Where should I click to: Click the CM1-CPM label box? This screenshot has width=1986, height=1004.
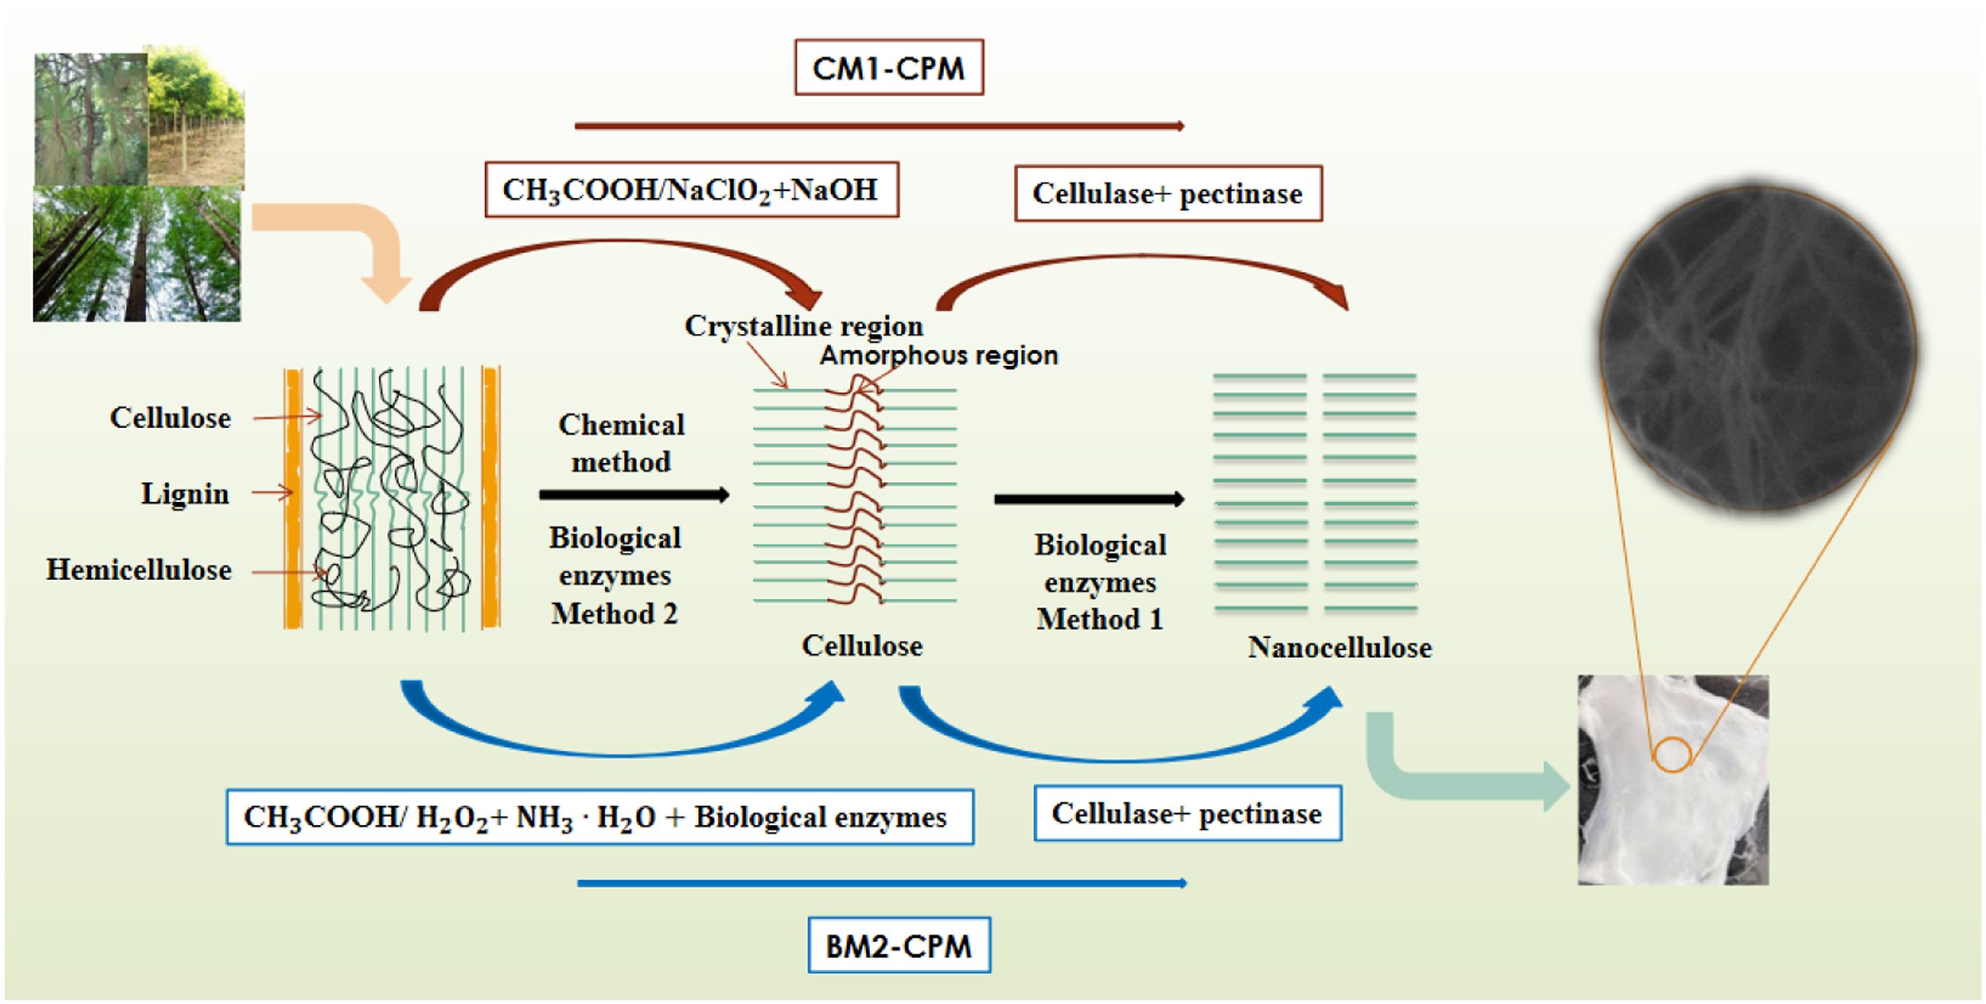[889, 68]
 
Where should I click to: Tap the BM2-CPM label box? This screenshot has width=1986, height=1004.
[899, 945]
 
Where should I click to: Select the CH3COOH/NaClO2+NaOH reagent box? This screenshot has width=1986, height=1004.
[691, 189]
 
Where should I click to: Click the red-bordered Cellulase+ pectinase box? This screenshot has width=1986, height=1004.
[1168, 193]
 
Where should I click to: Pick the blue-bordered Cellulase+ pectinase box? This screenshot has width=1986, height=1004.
[1187, 814]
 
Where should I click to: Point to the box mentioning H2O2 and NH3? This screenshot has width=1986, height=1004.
[600, 817]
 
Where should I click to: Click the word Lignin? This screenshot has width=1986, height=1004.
[185, 494]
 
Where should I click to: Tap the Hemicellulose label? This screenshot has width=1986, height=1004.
[139, 570]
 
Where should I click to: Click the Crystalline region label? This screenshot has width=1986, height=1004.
[804, 326]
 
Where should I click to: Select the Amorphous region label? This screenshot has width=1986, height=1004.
[939, 355]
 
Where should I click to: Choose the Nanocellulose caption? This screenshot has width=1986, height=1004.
[1340, 648]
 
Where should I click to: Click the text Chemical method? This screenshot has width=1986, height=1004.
[622, 443]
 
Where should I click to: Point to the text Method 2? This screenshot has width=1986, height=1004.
[614, 614]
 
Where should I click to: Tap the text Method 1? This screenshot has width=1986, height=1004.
[1100, 619]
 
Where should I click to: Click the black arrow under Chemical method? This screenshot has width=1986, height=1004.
[635, 495]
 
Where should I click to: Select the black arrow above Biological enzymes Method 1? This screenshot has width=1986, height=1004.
[1089, 500]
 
